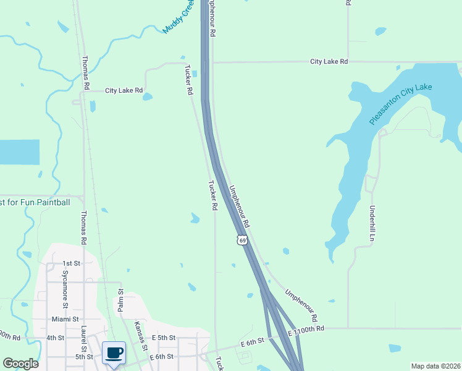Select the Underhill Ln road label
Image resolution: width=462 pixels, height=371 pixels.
[372, 223]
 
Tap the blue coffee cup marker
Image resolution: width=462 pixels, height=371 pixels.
[114, 353]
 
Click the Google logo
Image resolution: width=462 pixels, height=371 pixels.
[20, 364]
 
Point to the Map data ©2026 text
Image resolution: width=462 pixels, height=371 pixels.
[435, 366]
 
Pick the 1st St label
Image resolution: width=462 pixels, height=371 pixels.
[72, 263]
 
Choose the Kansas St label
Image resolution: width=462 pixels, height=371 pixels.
[141, 336]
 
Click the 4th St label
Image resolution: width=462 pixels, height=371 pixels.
[56, 338]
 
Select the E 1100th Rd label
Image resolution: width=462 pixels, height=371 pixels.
[306, 330]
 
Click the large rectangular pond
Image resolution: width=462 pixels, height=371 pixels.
[19, 152]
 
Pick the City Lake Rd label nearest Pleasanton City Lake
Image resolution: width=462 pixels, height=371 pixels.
[329, 62]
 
